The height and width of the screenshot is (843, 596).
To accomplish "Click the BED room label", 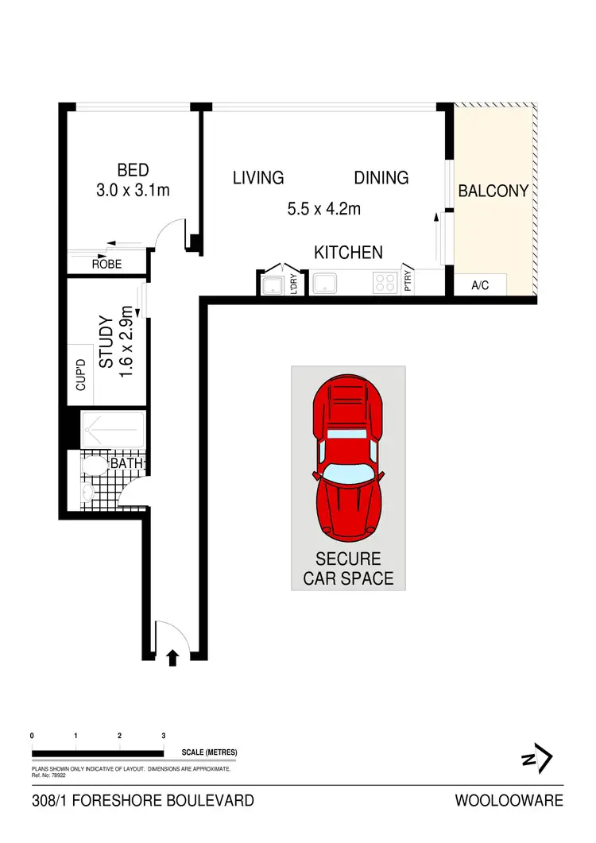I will click(133, 169).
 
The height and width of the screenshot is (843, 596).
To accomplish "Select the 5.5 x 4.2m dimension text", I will click(323, 210).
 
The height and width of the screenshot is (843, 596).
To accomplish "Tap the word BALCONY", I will click(493, 191).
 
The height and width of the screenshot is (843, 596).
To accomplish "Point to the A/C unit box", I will click(480, 285).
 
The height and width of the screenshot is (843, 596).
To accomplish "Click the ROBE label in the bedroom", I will click(106, 264).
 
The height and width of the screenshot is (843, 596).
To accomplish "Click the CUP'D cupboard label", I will click(79, 375).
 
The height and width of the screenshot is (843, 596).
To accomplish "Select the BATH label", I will click(126, 462).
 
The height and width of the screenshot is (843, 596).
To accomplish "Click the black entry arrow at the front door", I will click(173, 655).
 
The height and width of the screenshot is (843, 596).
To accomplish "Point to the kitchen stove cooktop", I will click(386, 282).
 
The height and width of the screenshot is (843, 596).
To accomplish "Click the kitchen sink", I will click(326, 283).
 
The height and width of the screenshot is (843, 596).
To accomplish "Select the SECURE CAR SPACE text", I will click(348, 569).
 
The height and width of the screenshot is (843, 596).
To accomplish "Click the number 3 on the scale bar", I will click(163, 737).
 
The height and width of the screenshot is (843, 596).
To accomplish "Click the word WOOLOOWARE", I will click(509, 800).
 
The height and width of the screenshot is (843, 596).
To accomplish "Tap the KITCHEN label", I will click(348, 253).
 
